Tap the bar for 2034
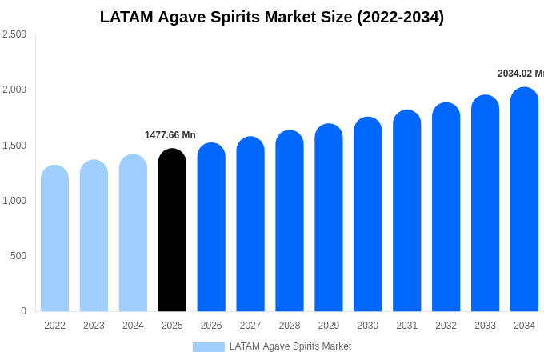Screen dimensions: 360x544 click(524, 199)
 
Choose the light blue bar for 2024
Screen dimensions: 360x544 click(133, 233)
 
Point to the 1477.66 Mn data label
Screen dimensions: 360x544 click(170, 135)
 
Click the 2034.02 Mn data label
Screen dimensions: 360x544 click(520, 74)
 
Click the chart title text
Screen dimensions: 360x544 click(272, 17)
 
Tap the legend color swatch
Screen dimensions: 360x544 click(208, 346)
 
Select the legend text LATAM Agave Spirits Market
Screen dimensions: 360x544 click(290, 346)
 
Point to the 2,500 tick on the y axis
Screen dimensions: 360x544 click(14, 34)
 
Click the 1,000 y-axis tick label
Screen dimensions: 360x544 click(14, 201)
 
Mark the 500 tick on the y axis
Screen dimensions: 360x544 click(18, 256)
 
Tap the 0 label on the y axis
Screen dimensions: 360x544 click(23, 311)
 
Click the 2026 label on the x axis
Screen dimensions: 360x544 click(211, 326)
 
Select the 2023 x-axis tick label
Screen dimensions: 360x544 click(94, 326)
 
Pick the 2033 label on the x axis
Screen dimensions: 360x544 click(485, 326)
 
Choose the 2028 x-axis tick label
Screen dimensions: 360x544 click(290, 326)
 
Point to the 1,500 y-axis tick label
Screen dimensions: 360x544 click(14, 146)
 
